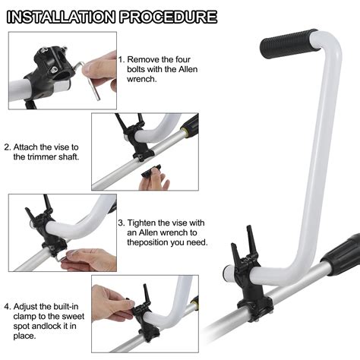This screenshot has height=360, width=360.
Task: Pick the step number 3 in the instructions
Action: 121,223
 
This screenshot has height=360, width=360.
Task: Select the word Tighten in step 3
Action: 146,223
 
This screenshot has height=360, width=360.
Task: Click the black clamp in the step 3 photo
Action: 42,228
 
